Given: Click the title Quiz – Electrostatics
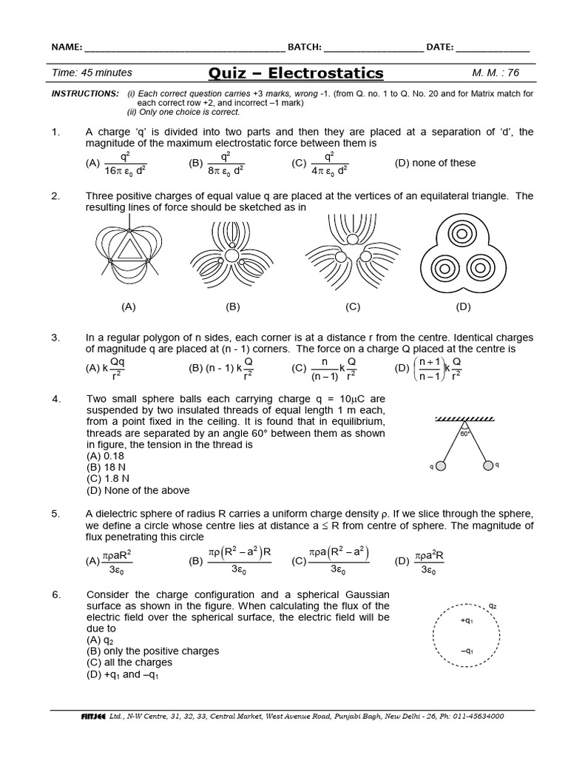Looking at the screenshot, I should (297, 73).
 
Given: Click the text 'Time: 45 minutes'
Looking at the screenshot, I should (92, 73).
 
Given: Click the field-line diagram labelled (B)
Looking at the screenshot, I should (232, 255).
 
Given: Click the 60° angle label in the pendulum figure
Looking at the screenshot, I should (465, 435).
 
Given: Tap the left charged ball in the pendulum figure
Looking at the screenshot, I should (441, 466).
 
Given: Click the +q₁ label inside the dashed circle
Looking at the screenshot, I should (467, 621).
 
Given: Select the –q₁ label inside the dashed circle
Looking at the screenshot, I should (467, 651).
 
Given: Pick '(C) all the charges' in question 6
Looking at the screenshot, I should (129, 663).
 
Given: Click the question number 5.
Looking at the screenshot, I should (55, 514).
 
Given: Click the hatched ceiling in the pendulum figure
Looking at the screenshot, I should (464, 420).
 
